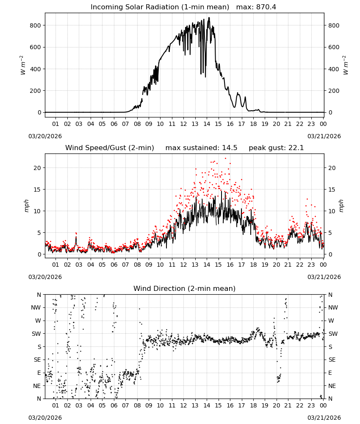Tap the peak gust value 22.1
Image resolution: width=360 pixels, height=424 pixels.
(x=296, y=148)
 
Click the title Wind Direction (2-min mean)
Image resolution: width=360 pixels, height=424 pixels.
(x=185, y=288)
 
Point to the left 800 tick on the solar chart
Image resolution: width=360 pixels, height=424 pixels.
(x=36, y=25)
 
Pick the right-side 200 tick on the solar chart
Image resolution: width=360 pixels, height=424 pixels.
(x=334, y=91)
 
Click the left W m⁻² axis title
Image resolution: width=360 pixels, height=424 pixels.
(x=23, y=65)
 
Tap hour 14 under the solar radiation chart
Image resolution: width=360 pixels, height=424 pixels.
(x=207, y=124)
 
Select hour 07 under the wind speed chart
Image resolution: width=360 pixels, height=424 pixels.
(x=125, y=265)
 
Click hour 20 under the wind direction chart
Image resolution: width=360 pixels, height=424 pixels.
(x=276, y=405)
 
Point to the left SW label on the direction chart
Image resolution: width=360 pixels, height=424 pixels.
(x=36, y=334)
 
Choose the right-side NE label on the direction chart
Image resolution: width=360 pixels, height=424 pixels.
(x=332, y=386)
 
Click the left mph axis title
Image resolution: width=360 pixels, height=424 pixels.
(x=26, y=206)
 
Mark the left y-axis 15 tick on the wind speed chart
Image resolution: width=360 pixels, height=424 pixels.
(x=38, y=190)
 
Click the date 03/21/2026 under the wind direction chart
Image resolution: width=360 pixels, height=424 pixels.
(x=324, y=418)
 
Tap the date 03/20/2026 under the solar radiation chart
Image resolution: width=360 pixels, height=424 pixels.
(x=45, y=136)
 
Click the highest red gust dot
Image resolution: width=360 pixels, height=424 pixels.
(x=225, y=159)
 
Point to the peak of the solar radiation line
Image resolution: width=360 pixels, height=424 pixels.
(x=209, y=18)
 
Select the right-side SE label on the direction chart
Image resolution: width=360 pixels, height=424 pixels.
(x=332, y=360)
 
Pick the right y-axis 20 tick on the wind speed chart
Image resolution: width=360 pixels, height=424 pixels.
(x=332, y=168)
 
